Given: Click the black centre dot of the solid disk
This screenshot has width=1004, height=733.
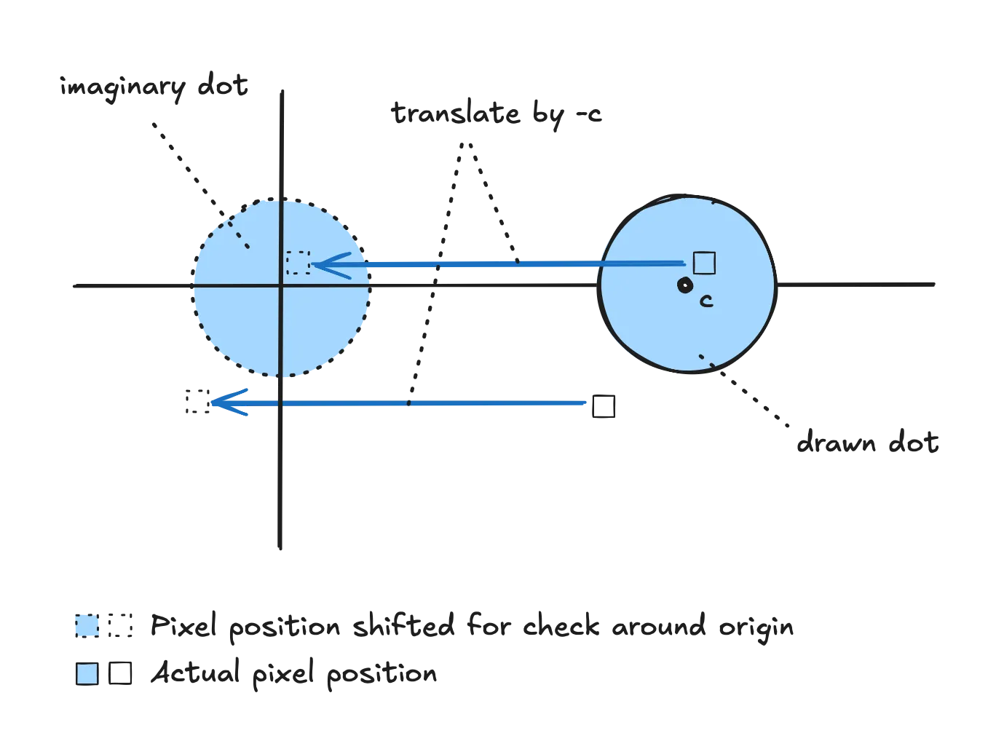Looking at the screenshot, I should click(x=684, y=286).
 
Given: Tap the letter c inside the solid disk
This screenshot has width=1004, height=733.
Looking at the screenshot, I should click(x=705, y=301).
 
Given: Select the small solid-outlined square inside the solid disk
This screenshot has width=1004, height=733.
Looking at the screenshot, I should click(x=704, y=263).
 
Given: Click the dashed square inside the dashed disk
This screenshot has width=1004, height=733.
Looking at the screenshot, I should click(x=298, y=263).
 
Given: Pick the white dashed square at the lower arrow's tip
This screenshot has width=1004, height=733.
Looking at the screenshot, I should click(x=197, y=402).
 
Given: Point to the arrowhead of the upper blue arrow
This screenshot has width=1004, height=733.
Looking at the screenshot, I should click(x=320, y=264).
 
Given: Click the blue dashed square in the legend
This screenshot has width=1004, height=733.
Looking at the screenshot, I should click(x=87, y=626).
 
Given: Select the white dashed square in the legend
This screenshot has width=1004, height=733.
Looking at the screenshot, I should click(x=121, y=626).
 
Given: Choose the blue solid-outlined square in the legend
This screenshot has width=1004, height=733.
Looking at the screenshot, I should click(x=87, y=674).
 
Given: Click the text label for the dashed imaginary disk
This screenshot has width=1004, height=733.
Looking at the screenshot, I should click(x=154, y=88).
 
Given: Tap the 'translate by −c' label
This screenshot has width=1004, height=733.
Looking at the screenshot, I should click(x=497, y=115).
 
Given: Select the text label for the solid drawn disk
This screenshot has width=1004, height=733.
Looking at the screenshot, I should click(x=867, y=443).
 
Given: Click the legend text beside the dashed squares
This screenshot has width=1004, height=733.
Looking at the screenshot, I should click(x=473, y=627).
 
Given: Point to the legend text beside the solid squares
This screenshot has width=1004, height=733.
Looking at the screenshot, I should click(x=291, y=675).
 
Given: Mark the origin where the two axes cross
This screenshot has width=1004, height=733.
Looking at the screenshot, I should click(x=281, y=286).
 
